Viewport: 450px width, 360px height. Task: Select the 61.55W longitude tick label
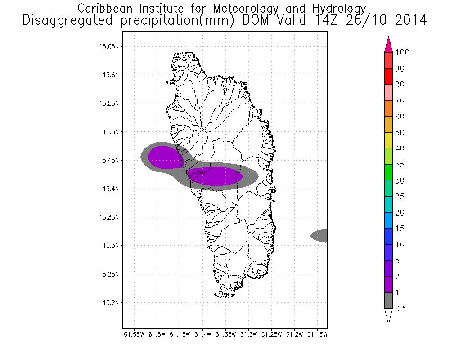point(134,334)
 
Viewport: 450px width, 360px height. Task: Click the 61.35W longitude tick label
point(225,334)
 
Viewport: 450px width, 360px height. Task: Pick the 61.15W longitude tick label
point(317,334)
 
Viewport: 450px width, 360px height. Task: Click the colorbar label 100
point(402,53)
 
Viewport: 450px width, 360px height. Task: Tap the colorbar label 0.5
point(400,309)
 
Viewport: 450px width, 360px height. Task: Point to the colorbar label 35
point(400,165)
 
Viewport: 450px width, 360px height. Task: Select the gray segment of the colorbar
point(389,301)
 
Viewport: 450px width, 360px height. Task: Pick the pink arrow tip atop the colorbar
point(389,44)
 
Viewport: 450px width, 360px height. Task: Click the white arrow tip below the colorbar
point(389,316)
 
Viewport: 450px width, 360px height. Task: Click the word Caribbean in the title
point(102,9)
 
